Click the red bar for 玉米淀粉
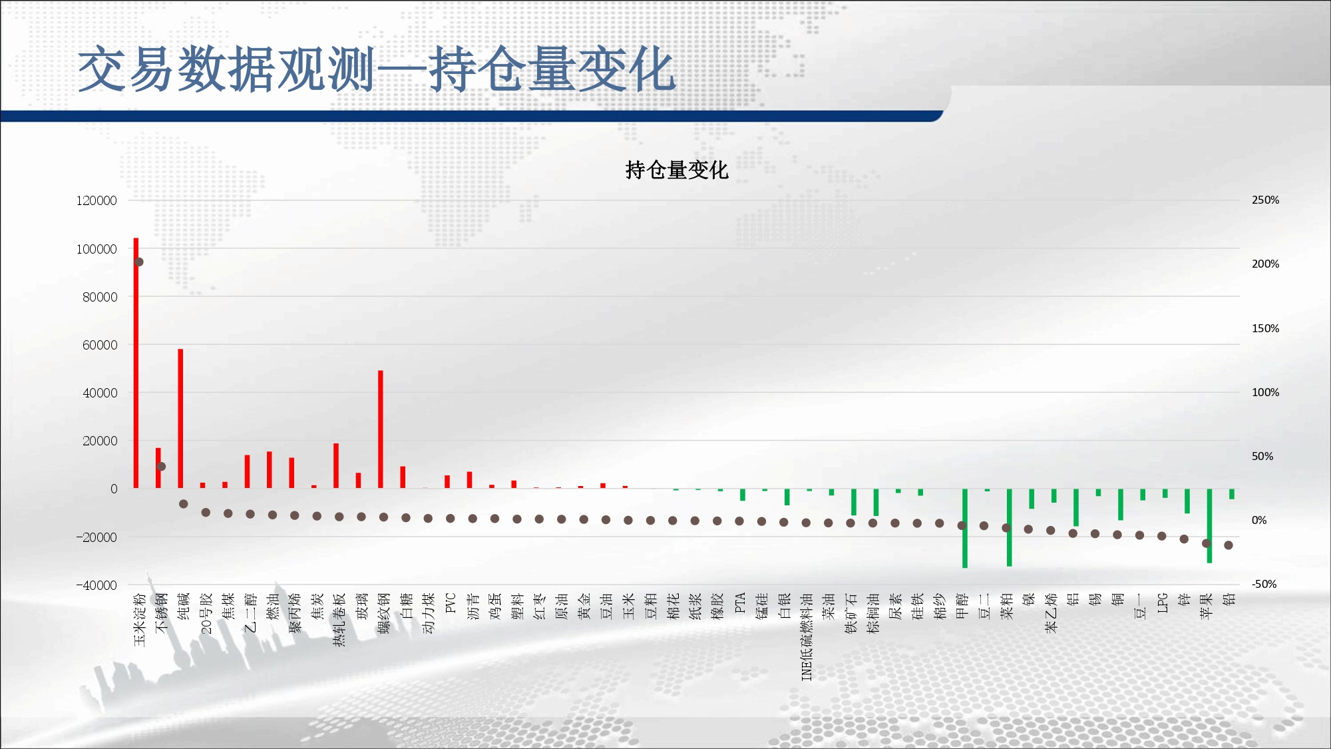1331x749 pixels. click(x=136, y=363)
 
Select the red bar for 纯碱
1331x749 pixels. click(x=180, y=419)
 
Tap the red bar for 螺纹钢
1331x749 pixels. click(x=381, y=429)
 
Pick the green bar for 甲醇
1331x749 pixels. click(x=965, y=528)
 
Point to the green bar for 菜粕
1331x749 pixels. click(x=1010, y=527)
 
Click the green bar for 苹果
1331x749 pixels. click(x=1209, y=526)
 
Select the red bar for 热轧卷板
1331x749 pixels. click(x=336, y=466)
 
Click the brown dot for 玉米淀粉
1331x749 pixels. click(x=139, y=262)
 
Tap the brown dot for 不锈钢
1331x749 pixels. click(x=161, y=466)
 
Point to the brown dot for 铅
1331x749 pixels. click(x=1229, y=545)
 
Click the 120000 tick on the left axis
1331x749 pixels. click(x=96, y=200)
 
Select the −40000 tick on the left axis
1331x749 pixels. click(x=96, y=585)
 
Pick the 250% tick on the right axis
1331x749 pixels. click(x=1265, y=200)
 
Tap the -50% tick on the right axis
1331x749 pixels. click(x=1264, y=584)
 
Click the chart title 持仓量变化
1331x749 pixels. click(x=677, y=170)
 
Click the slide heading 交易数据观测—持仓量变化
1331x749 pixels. click(x=377, y=69)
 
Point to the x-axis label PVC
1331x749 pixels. click(x=451, y=603)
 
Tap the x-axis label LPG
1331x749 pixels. click(x=1162, y=603)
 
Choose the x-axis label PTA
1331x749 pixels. click(x=740, y=603)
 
